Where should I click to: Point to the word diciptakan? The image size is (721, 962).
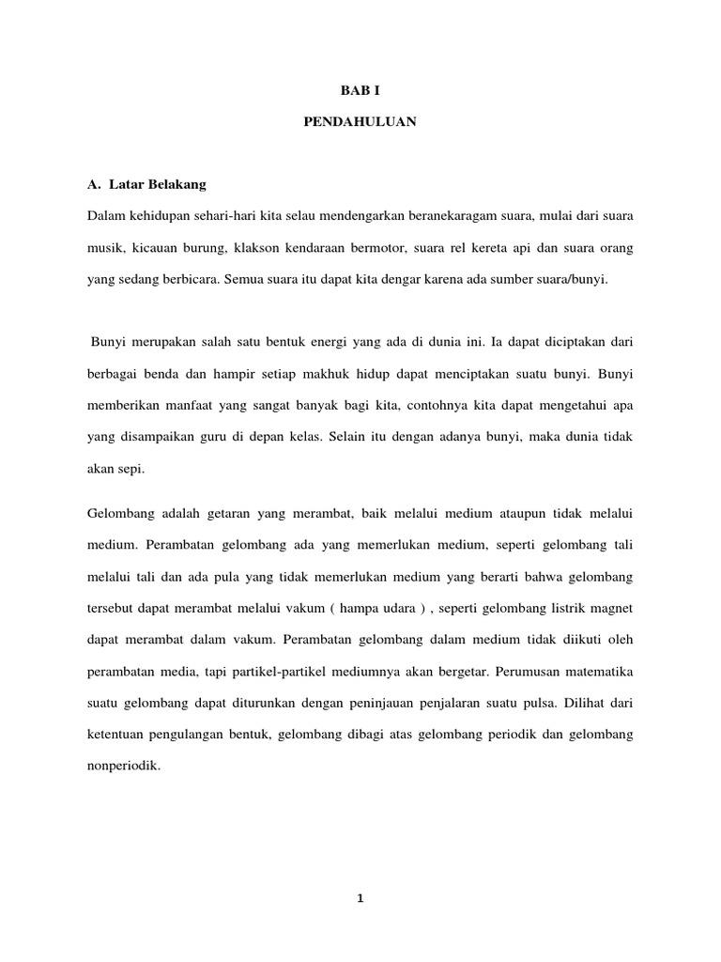tap(542, 341)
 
